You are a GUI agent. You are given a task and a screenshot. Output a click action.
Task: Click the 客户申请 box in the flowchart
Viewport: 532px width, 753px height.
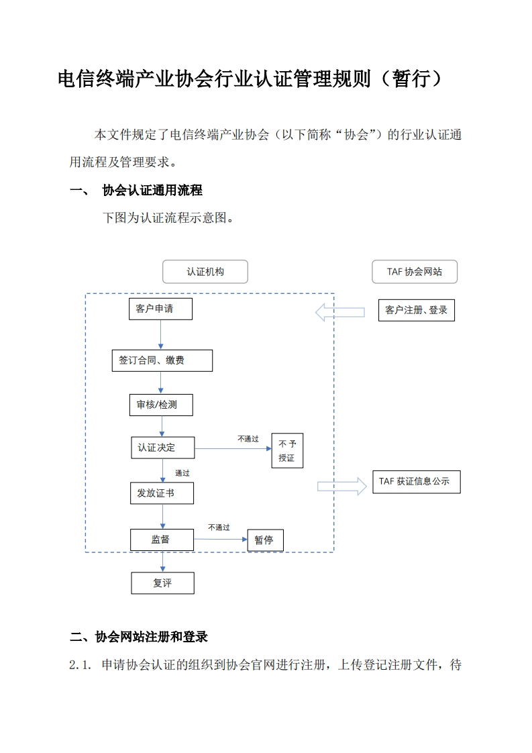point(160,309)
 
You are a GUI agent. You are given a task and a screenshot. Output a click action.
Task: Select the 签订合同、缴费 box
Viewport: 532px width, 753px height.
point(162,360)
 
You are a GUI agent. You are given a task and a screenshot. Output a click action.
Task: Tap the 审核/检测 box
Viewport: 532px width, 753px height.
point(161,405)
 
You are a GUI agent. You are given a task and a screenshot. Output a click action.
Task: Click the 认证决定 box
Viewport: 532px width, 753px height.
point(162,448)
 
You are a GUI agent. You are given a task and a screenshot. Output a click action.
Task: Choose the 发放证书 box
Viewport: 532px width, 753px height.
point(162,493)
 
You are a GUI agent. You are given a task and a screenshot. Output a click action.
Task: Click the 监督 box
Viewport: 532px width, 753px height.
point(162,539)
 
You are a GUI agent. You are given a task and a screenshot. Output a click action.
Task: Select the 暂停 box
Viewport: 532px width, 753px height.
point(264,540)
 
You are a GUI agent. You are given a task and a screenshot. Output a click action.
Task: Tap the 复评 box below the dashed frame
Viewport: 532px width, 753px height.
point(162,583)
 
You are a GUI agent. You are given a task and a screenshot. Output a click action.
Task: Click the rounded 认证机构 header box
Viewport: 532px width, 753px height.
point(205,272)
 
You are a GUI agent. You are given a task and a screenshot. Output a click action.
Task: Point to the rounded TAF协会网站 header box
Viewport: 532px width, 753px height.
point(415,272)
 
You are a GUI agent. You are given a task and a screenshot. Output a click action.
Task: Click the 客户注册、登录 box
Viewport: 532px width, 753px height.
point(416,310)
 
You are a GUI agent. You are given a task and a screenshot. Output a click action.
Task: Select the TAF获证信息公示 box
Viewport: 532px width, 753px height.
point(416,482)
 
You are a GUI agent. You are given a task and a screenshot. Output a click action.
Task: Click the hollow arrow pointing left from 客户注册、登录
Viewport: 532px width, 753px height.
point(340,311)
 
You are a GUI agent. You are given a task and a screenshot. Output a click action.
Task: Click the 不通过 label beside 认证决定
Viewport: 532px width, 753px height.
point(248,439)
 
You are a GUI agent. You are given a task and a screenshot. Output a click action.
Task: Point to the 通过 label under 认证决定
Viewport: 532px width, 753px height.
point(182,473)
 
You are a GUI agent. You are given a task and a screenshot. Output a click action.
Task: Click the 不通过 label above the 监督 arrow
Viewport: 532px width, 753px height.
point(219,528)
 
